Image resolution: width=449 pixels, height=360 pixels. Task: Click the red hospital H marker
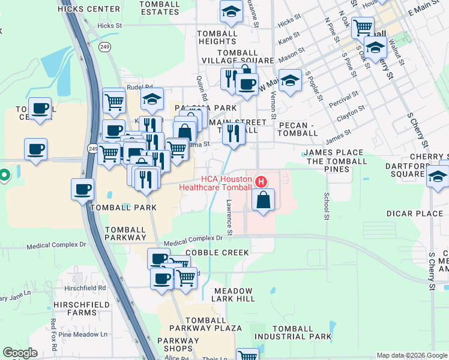pos(261,181)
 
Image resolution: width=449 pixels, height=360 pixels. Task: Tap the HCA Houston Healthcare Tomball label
pos(217,183)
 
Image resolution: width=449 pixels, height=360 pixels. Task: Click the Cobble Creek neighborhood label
pos(217,253)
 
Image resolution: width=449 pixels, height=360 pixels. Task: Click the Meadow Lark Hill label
pos(234,295)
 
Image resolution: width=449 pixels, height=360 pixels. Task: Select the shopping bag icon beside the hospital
pos(263,199)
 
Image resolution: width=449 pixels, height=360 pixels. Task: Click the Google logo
pos(20,352)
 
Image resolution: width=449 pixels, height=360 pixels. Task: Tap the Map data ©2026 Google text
pos(411,355)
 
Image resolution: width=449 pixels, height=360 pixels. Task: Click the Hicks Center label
pos(89,9)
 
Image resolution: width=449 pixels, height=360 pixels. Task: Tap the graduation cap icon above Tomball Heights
pos(230,11)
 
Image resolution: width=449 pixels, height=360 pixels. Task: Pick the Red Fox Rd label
pos(53,331)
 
